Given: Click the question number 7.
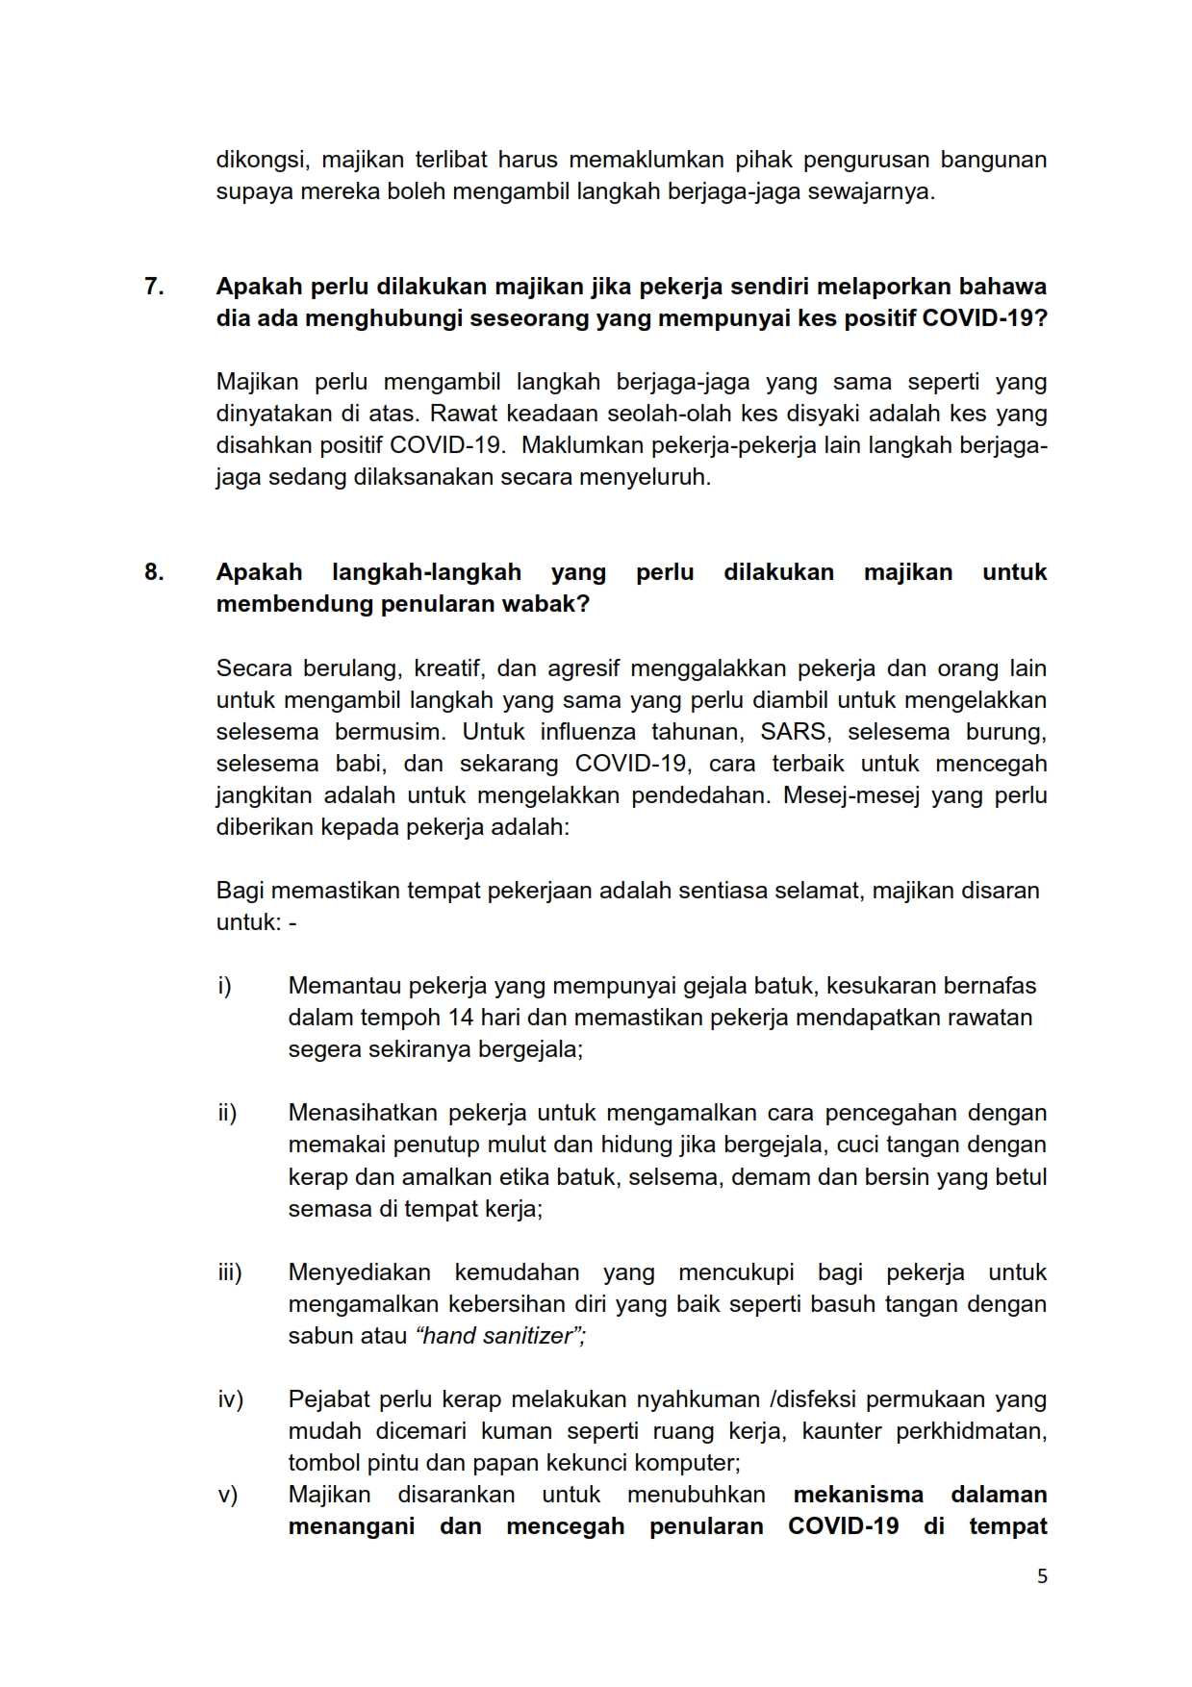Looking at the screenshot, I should [154, 287].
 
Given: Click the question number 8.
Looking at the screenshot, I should [154, 572].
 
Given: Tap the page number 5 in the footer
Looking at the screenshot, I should [1042, 1576].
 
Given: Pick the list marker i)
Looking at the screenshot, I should [225, 986].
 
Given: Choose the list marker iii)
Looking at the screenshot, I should [229, 1272].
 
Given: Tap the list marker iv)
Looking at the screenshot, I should [230, 1399].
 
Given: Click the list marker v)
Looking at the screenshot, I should [227, 1495].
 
